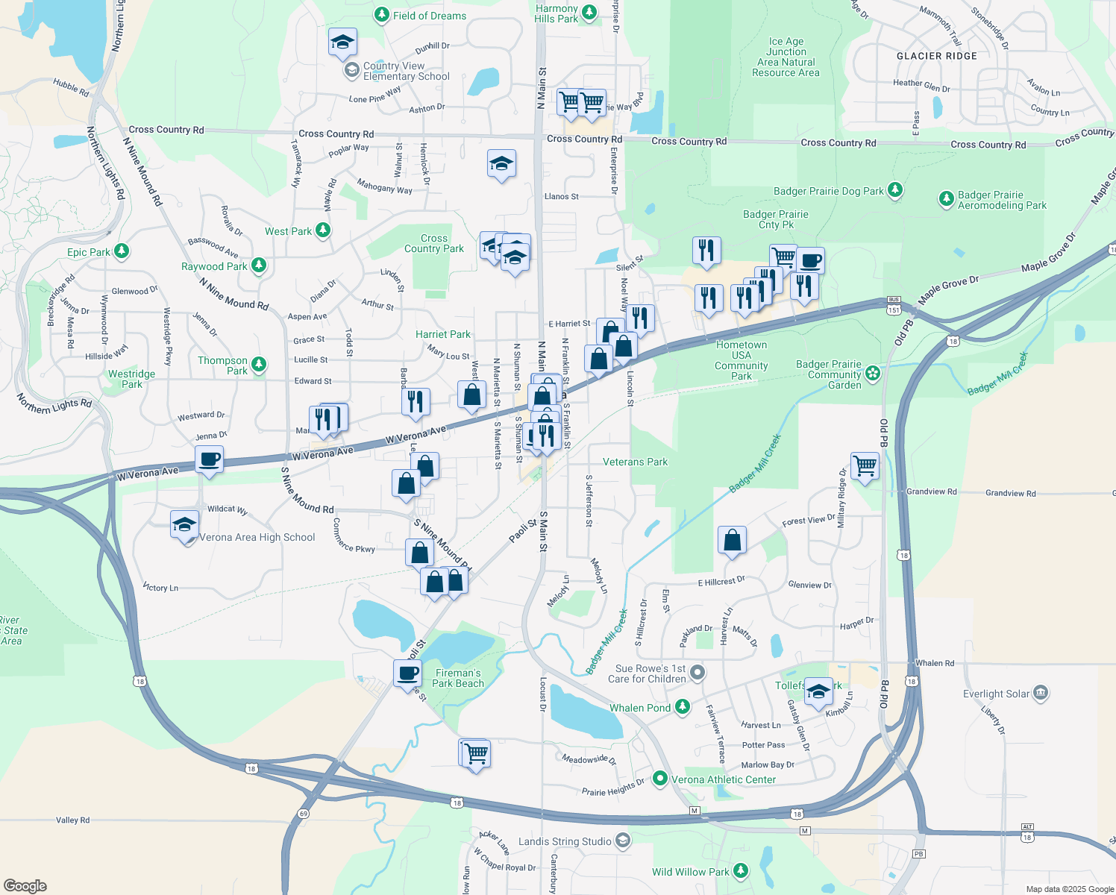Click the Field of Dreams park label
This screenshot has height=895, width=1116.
pyautogui.click(x=429, y=16)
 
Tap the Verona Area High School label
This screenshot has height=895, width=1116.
pyautogui.click(x=257, y=537)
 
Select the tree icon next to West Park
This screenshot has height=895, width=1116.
pyautogui.click(x=323, y=230)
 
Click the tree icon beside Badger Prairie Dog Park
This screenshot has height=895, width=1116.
pyautogui.click(x=895, y=190)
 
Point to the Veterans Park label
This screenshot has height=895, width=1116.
pyautogui.click(x=635, y=462)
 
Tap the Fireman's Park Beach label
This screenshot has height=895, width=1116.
pyautogui.click(x=458, y=678)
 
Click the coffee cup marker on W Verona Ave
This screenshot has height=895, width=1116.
pyautogui.click(x=210, y=459)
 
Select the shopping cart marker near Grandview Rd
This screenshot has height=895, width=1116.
pyautogui.click(x=865, y=466)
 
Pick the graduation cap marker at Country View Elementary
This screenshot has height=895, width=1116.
pyautogui.click(x=342, y=43)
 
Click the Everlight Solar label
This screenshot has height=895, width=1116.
pyautogui.click(x=996, y=694)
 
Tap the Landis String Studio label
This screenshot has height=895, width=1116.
pyautogui.click(x=565, y=841)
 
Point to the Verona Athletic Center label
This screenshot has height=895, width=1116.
pyautogui.click(x=724, y=779)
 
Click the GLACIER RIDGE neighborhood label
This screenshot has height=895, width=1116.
pyautogui.click(x=936, y=56)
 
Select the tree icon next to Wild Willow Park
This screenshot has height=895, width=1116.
pyautogui.click(x=740, y=870)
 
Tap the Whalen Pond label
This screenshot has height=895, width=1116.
pyautogui.click(x=640, y=708)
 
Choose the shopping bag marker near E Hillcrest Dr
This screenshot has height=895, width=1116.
pyautogui.click(x=732, y=540)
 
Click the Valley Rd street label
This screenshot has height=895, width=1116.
pyautogui.click(x=72, y=820)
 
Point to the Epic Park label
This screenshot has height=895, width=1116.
pyautogui.click(x=88, y=252)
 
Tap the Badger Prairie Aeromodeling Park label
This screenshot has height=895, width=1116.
pyautogui.click(x=1002, y=200)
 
